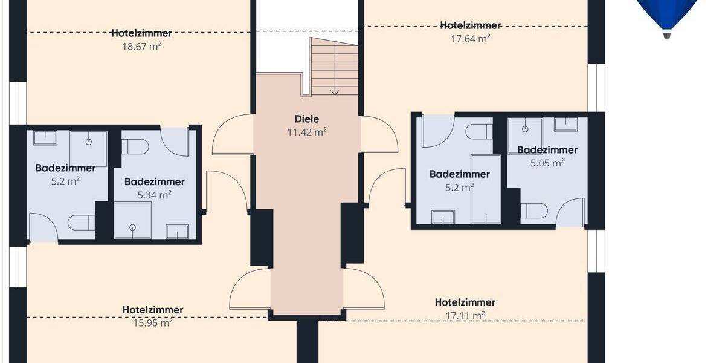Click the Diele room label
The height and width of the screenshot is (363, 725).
[x=306, y=119]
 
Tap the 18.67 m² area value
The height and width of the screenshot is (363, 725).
[x=141, y=45]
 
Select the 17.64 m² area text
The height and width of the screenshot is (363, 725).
[x=470, y=39]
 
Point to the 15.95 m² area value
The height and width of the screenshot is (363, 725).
[x=152, y=322]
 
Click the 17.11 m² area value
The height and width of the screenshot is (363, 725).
[x=465, y=315]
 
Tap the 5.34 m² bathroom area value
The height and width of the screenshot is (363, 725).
[x=154, y=194]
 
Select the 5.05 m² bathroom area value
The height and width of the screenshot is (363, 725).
[x=547, y=162]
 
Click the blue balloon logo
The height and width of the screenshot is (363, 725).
[x=667, y=15]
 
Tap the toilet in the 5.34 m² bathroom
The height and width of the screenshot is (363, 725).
[x=135, y=146]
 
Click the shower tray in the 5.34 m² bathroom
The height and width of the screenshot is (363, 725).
[x=132, y=219]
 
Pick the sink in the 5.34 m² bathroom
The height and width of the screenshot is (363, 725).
[x=177, y=231]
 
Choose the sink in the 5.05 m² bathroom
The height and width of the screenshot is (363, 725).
[x=565, y=125]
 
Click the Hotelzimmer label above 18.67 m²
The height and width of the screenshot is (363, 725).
[x=141, y=33]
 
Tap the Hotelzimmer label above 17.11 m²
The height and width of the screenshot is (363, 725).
[x=465, y=302]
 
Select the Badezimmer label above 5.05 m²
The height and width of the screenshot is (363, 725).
[x=547, y=150]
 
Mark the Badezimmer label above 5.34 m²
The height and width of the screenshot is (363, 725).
[x=154, y=181]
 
